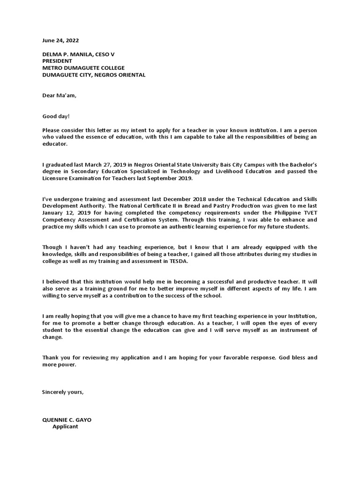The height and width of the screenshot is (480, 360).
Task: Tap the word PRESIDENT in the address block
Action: click(57, 61)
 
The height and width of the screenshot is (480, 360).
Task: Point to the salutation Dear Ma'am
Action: click(59, 96)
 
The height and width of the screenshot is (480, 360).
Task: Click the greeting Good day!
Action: click(56, 116)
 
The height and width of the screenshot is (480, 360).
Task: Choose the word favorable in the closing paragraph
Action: click(238, 357)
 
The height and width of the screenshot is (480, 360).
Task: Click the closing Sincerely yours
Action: click(63, 392)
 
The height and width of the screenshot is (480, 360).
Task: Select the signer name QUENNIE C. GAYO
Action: click(67, 420)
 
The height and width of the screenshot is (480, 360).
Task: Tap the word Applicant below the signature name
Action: click(65, 427)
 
